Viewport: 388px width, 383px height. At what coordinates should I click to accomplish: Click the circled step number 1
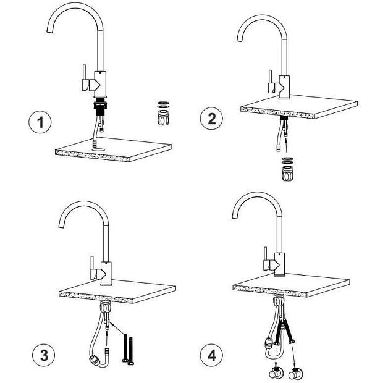tap(40, 122)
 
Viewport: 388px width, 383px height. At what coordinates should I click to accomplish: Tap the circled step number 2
tap(211, 119)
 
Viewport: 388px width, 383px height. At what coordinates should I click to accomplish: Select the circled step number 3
tap(43, 356)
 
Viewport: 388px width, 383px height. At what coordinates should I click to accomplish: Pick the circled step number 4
tap(211, 356)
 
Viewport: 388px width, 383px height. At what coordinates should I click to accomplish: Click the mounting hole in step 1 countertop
tap(98, 149)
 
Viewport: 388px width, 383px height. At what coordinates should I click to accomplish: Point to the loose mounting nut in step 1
tap(163, 118)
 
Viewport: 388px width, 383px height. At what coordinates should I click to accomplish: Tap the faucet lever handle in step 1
tap(84, 78)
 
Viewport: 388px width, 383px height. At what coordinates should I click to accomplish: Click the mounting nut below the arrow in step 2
tap(287, 173)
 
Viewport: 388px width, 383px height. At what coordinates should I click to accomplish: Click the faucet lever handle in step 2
tap(271, 82)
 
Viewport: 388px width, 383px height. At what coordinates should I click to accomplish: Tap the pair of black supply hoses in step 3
tap(128, 350)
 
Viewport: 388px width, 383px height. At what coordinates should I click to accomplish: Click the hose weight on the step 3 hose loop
tap(94, 360)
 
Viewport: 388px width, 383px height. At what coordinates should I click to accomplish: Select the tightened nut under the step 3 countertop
tap(106, 308)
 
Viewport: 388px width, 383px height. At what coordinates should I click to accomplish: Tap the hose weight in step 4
tap(268, 343)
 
